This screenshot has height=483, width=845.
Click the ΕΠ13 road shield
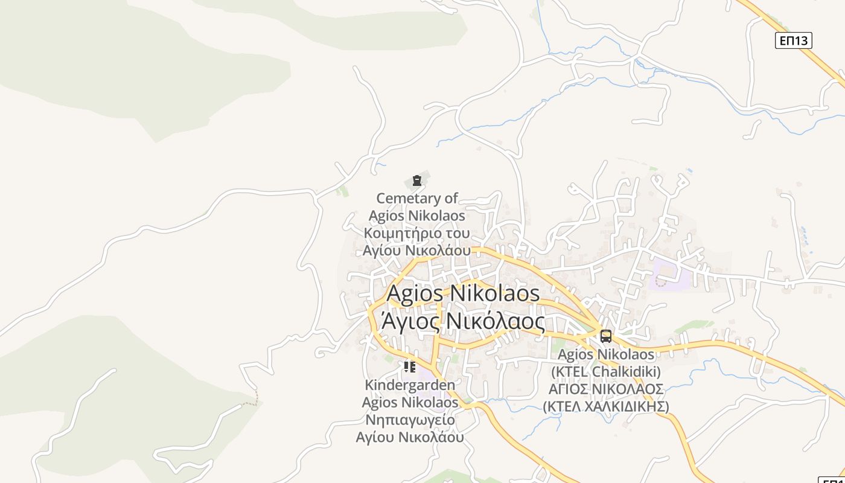[x=793, y=40]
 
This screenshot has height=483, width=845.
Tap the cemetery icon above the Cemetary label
[x=416, y=181]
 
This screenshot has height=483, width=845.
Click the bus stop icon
[x=605, y=336]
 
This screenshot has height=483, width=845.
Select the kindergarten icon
[x=410, y=366]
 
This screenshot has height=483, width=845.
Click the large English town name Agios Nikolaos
[x=463, y=293]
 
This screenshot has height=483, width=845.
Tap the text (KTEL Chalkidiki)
[x=606, y=371]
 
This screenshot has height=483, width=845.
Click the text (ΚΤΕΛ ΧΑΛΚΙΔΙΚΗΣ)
[x=606, y=406]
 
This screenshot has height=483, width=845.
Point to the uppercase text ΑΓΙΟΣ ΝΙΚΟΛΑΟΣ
[x=606, y=389]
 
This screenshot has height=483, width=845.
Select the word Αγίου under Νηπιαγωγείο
[x=375, y=437]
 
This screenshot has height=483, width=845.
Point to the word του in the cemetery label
[x=458, y=233]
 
